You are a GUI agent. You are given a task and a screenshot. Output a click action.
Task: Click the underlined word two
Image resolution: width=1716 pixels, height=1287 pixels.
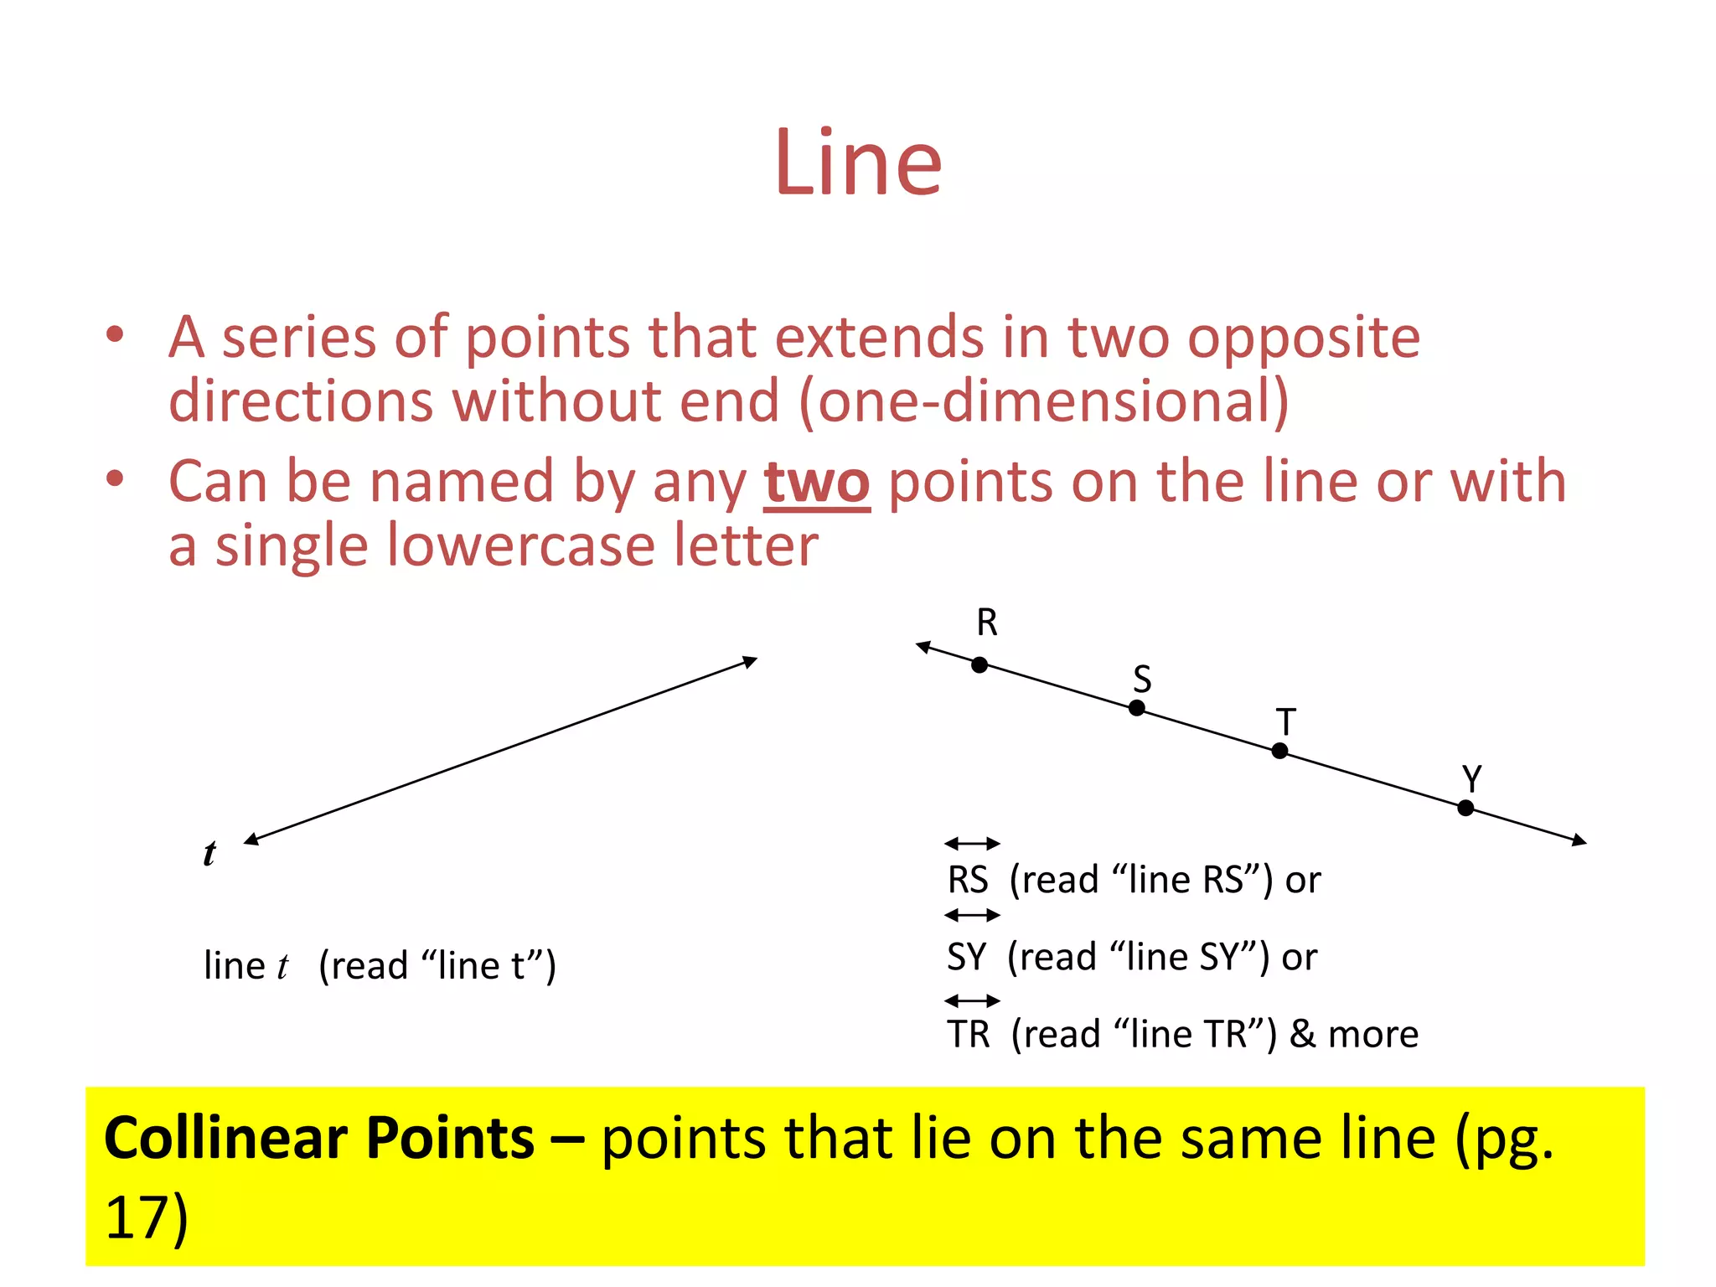click(816, 483)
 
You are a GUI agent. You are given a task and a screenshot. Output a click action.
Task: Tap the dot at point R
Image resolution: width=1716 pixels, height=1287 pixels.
click(979, 665)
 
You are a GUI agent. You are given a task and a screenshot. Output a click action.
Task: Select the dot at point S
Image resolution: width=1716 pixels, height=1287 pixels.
click(1136, 708)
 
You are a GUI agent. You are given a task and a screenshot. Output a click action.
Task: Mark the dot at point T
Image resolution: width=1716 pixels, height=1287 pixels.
click(1279, 751)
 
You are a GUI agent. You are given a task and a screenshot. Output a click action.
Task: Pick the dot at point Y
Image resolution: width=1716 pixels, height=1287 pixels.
click(1465, 808)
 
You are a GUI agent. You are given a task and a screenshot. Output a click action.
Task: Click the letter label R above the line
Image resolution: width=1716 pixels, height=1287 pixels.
click(987, 623)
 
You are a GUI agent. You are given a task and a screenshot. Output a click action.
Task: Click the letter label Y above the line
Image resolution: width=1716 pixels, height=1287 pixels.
click(1471, 778)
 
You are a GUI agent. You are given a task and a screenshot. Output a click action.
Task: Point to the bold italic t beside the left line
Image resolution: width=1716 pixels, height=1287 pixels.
click(209, 853)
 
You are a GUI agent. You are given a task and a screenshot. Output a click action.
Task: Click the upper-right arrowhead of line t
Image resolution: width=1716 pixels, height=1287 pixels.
click(751, 662)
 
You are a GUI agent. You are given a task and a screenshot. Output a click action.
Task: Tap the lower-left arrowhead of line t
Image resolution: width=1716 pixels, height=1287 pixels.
click(251, 839)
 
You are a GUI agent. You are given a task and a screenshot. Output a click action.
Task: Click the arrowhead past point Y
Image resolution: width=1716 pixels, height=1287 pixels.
click(1579, 840)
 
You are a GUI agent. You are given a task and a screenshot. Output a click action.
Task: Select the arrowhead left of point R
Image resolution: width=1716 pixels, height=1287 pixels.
click(923, 647)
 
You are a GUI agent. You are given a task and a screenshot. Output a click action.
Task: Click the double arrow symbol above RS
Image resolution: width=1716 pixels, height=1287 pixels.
click(972, 843)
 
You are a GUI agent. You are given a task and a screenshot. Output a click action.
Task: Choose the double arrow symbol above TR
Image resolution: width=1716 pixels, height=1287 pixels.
click(972, 1000)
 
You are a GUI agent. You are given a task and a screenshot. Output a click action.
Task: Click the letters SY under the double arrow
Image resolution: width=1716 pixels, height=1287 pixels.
click(966, 957)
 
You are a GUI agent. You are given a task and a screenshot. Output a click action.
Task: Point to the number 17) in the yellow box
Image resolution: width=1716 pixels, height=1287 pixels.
click(147, 1217)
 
